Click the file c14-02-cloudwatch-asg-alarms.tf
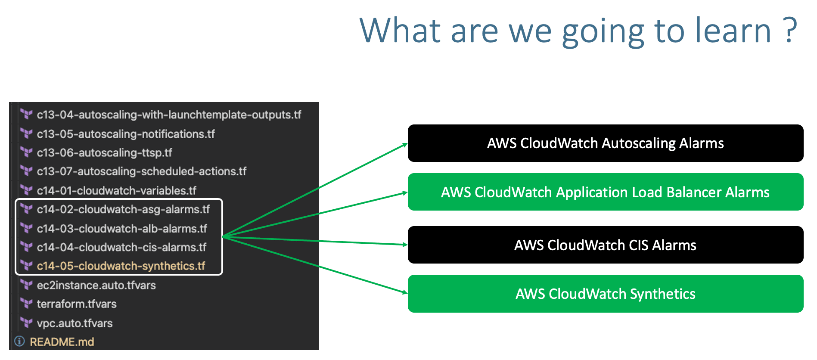tap(123, 210)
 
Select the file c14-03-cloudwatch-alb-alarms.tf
tap(122, 229)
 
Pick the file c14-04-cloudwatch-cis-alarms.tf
tap(121, 248)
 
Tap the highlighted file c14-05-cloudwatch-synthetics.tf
tap(121, 266)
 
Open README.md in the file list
tap(62, 342)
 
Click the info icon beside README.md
tap(19, 341)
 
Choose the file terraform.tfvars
tap(77, 304)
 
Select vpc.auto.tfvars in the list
tap(75, 323)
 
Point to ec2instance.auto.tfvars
tap(96, 286)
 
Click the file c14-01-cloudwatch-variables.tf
tap(116, 191)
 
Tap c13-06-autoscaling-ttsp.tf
tap(104, 153)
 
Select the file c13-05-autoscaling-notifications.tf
tap(126, 134)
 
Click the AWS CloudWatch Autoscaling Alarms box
tap(605, 143)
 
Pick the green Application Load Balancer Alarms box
tap(605, 192)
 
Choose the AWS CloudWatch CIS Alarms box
tap(605, 245)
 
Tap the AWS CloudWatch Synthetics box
tap(605, 294)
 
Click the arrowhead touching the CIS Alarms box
tap(405, 245)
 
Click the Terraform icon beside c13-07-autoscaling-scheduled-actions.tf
tap(27, 171)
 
